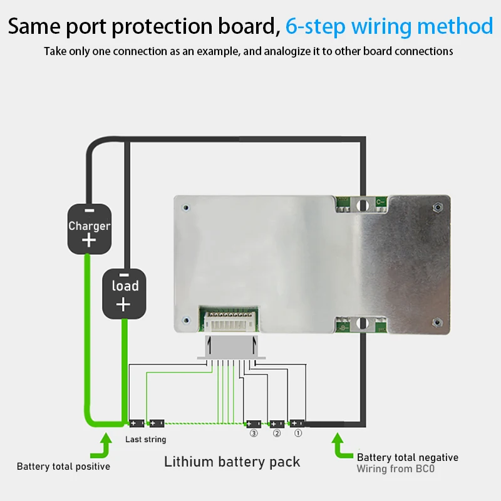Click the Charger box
90,229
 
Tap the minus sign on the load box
125,274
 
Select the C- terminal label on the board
380,202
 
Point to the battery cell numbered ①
297,423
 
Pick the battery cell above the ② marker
276,423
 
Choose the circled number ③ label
254,433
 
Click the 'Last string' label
146,440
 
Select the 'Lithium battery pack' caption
232,462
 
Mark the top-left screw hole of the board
185,207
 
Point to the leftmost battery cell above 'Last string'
135,423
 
